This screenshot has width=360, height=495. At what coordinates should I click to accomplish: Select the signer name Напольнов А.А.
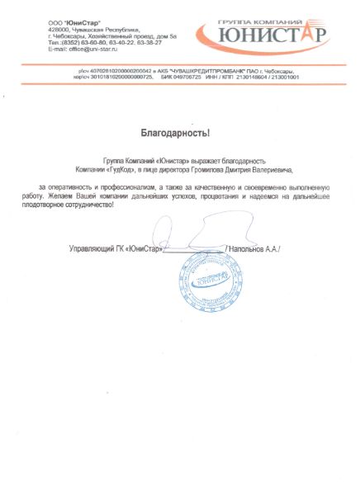[258, 247]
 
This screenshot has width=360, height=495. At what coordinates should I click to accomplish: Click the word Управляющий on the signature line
[91, 247]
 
